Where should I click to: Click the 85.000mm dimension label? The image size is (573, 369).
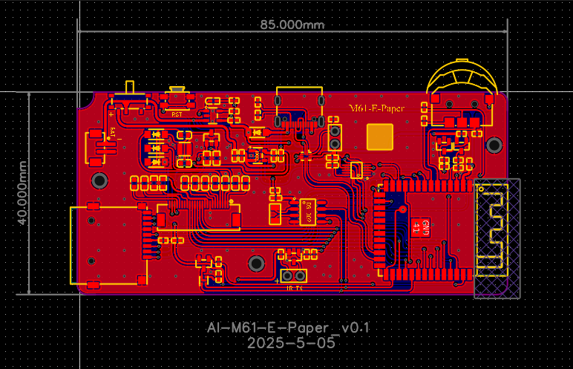[292, 24]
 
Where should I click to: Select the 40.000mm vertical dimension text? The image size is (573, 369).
[23, 193]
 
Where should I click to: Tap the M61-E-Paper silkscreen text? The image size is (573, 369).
[377, 109]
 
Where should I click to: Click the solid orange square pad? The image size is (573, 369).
[381, 137]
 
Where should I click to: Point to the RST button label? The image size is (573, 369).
[177, 114]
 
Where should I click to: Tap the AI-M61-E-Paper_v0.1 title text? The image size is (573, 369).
[288, 327]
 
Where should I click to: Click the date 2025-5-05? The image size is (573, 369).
[291, 344]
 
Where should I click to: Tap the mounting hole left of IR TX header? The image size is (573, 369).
[256, 263]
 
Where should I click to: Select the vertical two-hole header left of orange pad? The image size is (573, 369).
[335, 137]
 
